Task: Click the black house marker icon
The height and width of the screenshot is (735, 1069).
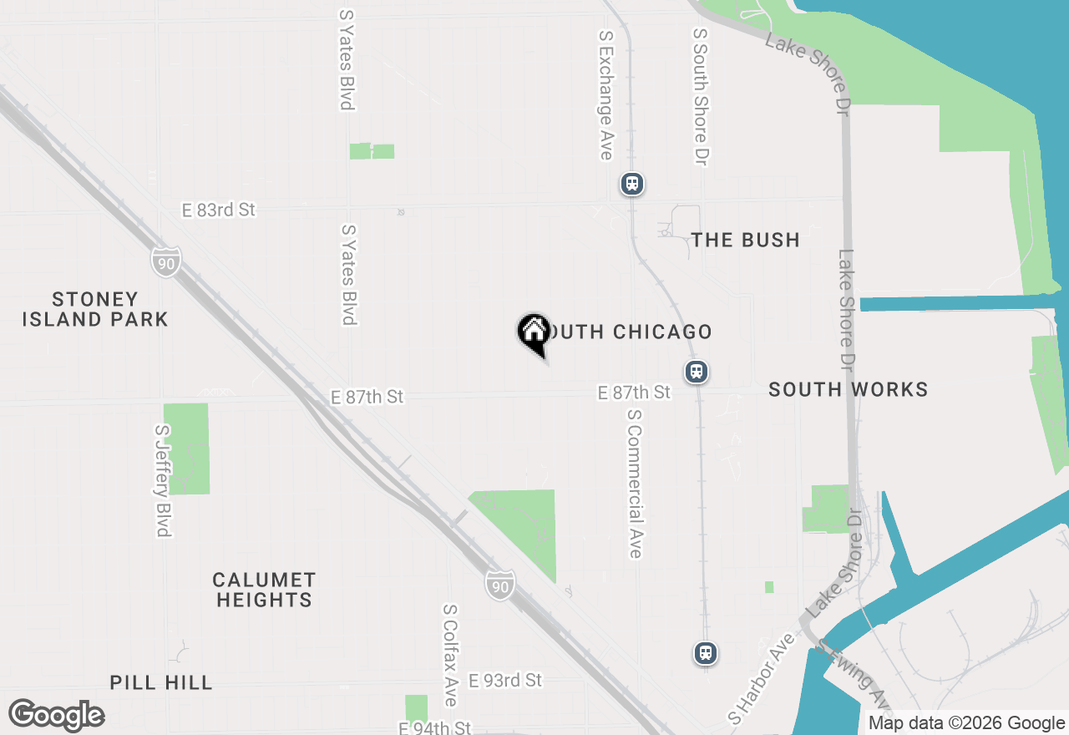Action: [534, 332]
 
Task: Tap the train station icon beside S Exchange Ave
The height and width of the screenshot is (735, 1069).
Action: [632, 184]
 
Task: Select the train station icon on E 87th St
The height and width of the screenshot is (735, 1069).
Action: [697, 372]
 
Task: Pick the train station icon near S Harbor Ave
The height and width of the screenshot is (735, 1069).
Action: [706, 653]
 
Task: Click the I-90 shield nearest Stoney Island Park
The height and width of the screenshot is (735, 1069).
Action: [165, 262]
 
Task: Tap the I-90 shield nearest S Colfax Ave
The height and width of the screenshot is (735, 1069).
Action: [499, 583]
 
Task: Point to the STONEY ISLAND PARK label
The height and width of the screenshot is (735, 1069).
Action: [95, 309]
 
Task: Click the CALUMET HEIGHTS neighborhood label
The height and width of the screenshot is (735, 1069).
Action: [264, 590]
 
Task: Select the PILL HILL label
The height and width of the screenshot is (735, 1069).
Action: [161, 682]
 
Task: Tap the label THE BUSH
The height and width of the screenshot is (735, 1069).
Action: [745, 241]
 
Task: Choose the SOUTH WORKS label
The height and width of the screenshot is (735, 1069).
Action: [848, 389]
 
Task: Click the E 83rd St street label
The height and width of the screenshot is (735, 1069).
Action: [219, 210]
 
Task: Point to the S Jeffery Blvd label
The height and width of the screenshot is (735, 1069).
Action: [162, 480]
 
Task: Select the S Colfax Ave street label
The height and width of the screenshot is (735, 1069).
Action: [450, 656]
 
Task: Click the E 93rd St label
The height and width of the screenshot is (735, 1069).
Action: [505, 680]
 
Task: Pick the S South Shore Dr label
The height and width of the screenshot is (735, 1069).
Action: [700, 96]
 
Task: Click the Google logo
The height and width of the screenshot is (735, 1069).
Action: [57, 715]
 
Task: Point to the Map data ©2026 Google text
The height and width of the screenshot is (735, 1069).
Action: [966, 723]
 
